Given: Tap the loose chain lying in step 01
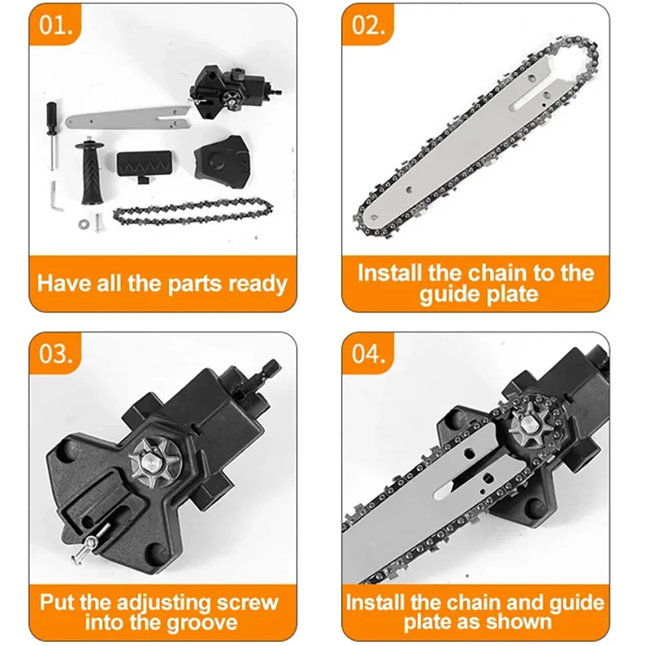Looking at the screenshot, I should point(194,213).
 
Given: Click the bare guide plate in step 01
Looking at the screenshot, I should point(129,120).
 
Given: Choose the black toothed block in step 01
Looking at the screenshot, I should point(145,165).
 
